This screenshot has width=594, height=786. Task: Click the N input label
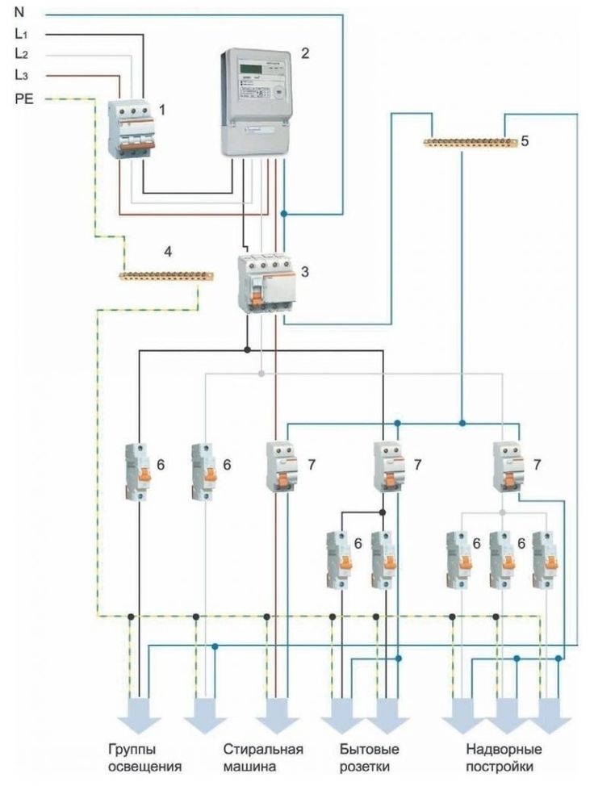(19, 13)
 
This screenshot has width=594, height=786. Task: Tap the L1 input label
(21, 35)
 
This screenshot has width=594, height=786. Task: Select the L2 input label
(21, 55)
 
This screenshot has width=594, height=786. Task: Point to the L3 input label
(21, 76)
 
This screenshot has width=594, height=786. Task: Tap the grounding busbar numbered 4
(165, 277)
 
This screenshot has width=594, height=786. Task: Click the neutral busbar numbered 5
(471, 144)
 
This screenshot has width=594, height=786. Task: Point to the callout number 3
(305, 272)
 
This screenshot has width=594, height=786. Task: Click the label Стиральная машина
(263, 759)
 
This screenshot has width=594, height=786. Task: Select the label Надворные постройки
(505, 759)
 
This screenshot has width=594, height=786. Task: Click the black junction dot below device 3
(247, 350)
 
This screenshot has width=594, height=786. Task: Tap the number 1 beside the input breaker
(162, 108)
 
